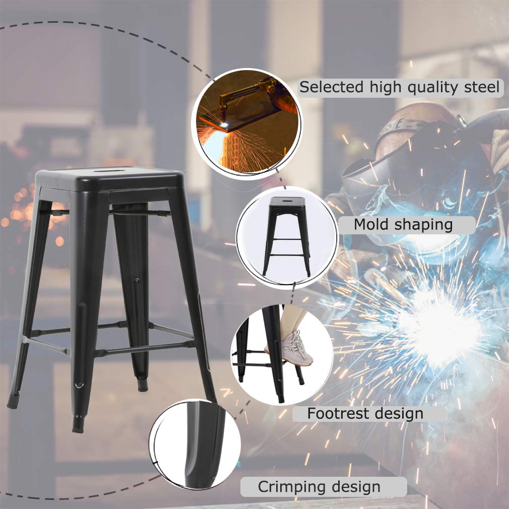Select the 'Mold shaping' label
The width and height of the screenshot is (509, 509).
(403, 225)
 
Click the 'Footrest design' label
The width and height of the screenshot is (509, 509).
(365, 414)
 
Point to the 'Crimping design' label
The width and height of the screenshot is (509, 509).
(319, 487)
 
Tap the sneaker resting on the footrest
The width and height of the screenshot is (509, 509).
(297, 348)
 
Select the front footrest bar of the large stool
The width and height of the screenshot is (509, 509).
(144, 349)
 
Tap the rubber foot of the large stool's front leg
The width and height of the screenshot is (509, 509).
(78, 424)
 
